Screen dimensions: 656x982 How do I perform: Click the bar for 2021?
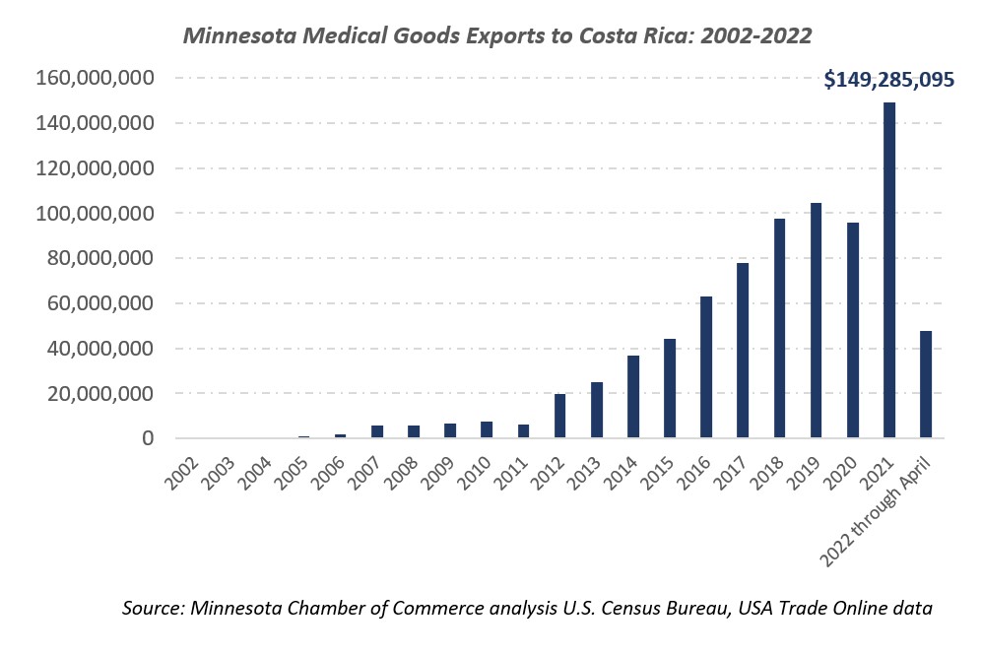click(x=888, y=271)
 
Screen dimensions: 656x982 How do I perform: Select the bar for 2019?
click(x=816, y=320)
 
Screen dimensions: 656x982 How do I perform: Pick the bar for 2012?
click(x=559, y=416)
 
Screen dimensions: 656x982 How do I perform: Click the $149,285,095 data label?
click(x=888, y=80)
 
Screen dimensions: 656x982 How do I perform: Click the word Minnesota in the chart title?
click(x=233, y=35)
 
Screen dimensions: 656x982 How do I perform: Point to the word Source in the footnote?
click(x=153, y=609)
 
